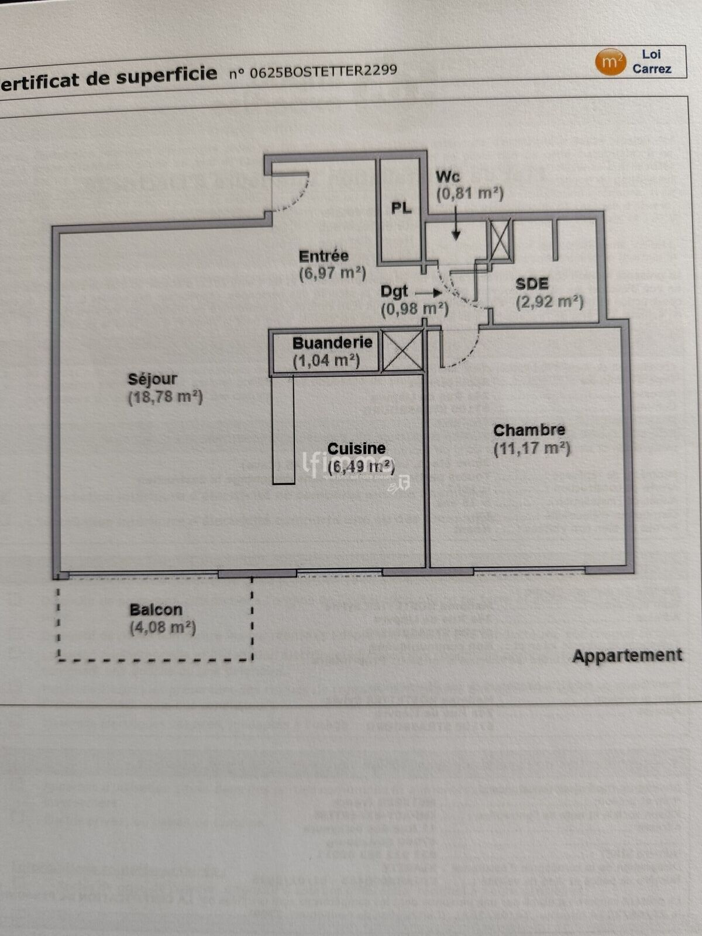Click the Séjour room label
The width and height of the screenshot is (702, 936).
(x=152, y=379)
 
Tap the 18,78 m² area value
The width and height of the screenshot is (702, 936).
(x=166, y=397)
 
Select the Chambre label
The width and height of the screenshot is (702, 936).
(x=529, y=431)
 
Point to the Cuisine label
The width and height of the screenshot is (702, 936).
(x=356, y=449)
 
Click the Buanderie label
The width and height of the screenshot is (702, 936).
(x=332, y=343)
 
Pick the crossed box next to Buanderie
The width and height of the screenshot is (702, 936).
(x=402, y=351)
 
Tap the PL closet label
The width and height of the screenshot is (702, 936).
(x=401, y=208)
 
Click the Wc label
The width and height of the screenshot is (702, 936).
(x=448, y=176)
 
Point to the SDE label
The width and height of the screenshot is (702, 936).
(x=532, y=284)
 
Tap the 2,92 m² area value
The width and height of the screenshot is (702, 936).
(x=549, y=302)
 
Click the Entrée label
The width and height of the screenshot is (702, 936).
(x=324, y=256)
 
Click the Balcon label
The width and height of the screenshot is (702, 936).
(x=156, y=610)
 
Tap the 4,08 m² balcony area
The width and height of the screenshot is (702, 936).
(x=163, y=628)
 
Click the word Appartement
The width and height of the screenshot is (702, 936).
(x=627, y=655)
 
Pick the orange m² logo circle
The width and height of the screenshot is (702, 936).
(x=611, y=62)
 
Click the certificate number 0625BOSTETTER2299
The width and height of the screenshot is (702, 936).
(x=323, y=71)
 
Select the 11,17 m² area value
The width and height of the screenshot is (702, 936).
(x=532, y=449)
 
